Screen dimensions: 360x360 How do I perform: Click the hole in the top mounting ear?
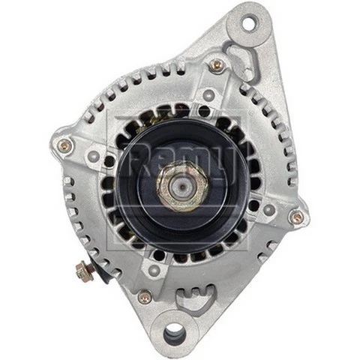click(247, 22)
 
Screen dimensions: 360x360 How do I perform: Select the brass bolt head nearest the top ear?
click(217, 65)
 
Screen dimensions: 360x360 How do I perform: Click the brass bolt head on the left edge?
click(65, 145)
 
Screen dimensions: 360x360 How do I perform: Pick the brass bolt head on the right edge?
click(296, 217)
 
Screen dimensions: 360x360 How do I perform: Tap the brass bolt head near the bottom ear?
click(145, 296)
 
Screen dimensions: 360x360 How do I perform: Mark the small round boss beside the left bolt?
click(93, 156)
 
